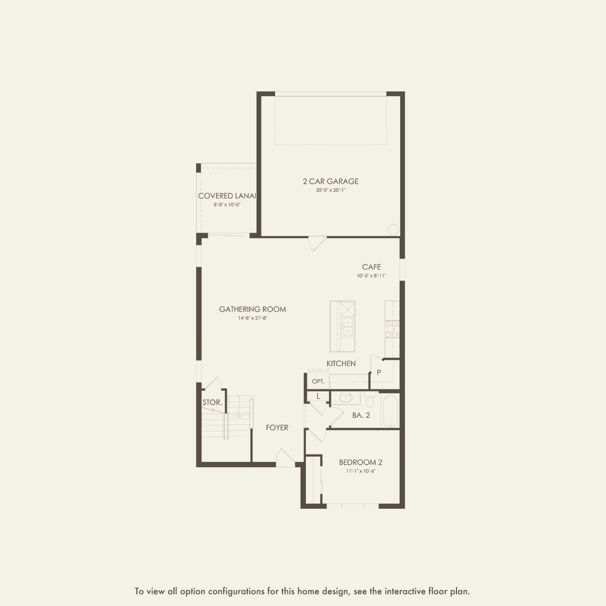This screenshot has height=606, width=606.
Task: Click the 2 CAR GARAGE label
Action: tap(330, 181)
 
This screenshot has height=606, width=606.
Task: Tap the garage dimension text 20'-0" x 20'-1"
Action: tap(330, 190)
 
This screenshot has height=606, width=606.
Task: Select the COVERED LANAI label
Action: tap(227, 196)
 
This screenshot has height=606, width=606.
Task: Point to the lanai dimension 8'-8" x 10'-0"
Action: tap(227, 204)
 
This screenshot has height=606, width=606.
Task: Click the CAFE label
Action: tap(371, 267)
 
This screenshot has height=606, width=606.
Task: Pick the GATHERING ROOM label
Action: tap(253, 309)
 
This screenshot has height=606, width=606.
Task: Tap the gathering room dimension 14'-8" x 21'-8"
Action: tap(253, 318)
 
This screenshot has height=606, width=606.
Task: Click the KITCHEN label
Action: tap(341, 364)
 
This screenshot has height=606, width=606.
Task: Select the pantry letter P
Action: tap(379, 372)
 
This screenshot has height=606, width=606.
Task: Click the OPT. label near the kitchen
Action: tap(318, 382)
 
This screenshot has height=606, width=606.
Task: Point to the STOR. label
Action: tap(212, 402)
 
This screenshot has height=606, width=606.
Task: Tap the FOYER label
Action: tap(277, 427)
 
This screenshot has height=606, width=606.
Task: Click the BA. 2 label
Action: tap(361, 415)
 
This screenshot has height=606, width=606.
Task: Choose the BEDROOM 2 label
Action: tap(360, 462)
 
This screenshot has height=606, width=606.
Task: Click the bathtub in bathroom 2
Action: tap(390, 410)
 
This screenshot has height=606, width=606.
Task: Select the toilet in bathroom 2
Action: tap(370, 399)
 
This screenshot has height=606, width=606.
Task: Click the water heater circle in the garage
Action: tap(393, 229)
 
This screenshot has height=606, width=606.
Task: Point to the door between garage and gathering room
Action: tap(317, 243)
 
